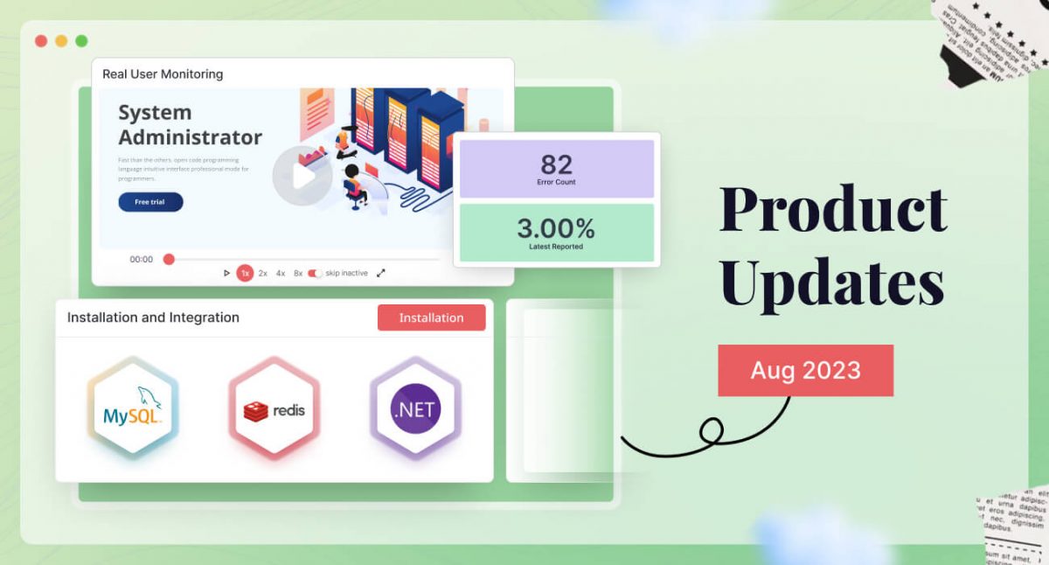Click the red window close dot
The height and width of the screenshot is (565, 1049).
(x=41, y=41)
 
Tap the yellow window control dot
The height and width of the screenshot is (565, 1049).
(x=61, y=41)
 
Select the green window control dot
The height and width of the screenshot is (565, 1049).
(x=81, y=41)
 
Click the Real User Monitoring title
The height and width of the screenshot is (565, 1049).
(x=163, y=74)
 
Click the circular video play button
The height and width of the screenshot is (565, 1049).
(x=302, y=176)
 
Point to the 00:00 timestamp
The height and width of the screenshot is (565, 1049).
(x=142, y=260)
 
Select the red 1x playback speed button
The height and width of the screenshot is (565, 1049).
(x=245, y=273)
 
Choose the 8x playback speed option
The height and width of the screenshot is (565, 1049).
(x=298, y=273)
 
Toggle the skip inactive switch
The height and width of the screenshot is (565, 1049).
(x=315, y=273)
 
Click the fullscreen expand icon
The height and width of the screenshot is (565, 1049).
(x=381, y=273)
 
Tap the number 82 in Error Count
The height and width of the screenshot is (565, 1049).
(x=556, y=164)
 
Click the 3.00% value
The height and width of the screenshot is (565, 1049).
(x=556, y=229)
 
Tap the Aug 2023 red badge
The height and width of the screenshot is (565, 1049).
(x=805, y=370)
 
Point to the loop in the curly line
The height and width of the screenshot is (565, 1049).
(x=712, y=429)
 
